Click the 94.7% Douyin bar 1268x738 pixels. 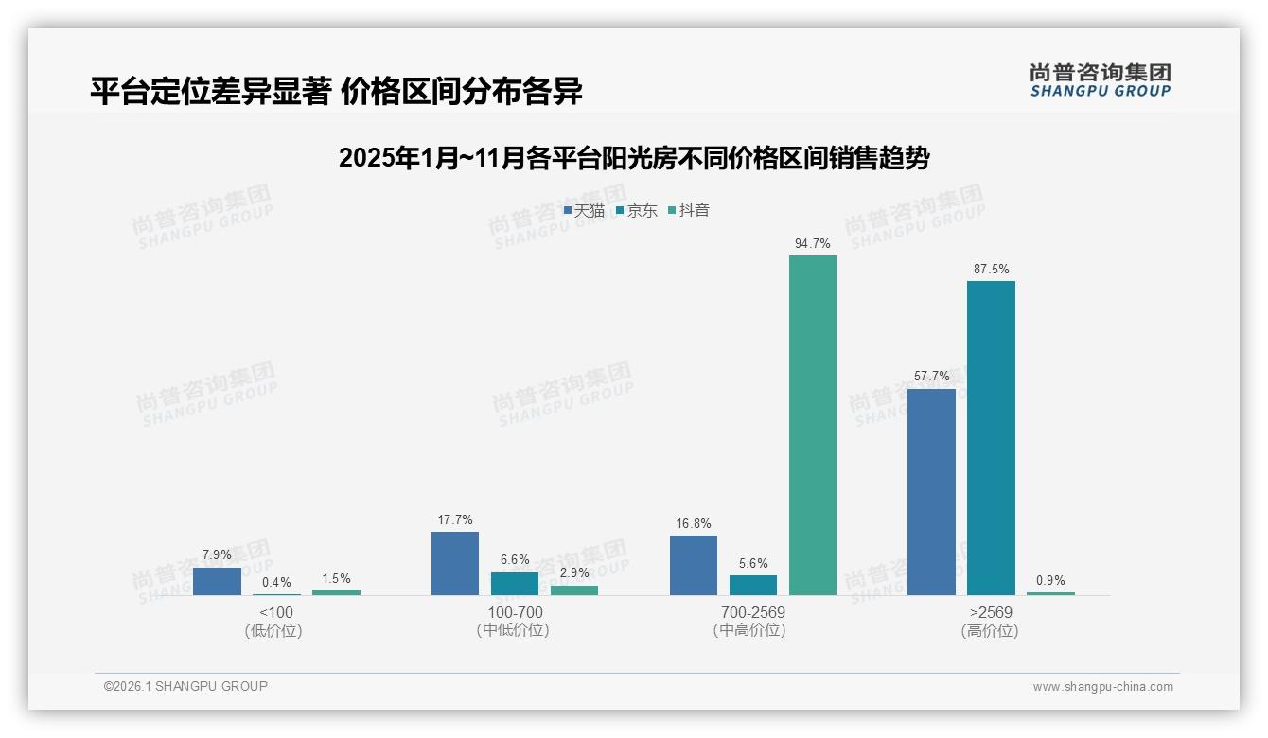coord(813,425)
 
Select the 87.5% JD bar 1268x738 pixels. coord(991,438)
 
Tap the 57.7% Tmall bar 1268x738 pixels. coord(931,492)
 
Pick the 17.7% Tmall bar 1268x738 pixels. coord(455,563)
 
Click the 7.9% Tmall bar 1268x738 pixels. coord(217,581)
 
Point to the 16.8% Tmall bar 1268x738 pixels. coord(694,565)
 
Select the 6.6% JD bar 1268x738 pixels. coord(515,584)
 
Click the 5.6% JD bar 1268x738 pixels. coord(753,585)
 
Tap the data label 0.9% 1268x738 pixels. coord(1050,581)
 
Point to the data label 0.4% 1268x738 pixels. coord(276,583)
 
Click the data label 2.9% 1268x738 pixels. coord(574,572)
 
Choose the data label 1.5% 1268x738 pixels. coord(336,578)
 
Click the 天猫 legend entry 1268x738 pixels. coord(584,211)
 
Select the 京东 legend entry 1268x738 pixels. coord(637,211)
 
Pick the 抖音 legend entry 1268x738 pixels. coord(689,211)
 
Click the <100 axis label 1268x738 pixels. coord(274,612)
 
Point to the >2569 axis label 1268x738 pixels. coord(990,612)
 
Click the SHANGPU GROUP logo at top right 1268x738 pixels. coord(1101,79)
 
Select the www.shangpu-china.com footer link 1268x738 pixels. coord(1102,687)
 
